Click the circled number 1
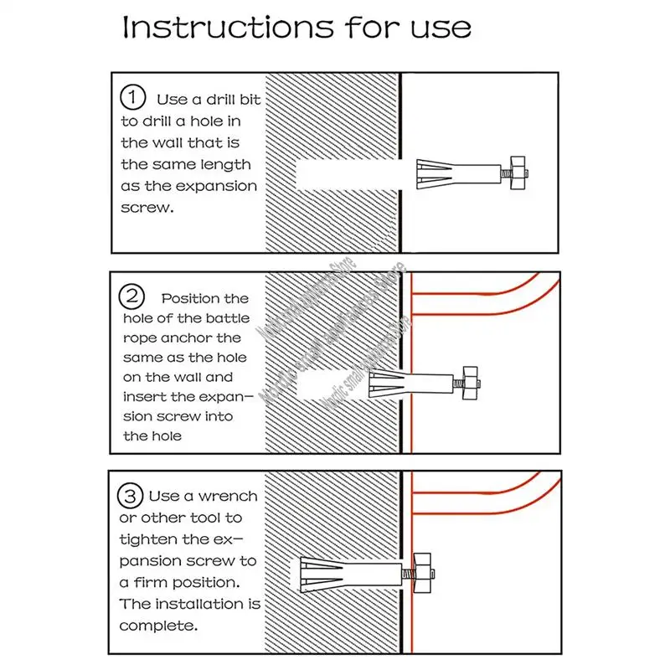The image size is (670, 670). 132,99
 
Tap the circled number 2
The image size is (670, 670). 131,296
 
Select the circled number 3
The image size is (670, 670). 131,496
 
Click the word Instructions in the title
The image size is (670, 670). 216,27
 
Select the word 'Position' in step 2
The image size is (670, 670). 205,298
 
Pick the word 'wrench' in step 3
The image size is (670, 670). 228,497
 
